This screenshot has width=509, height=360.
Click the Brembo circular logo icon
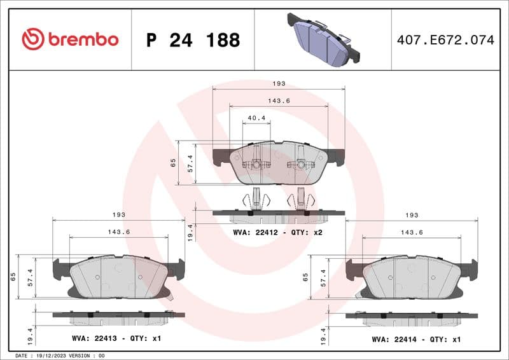click(32, 39)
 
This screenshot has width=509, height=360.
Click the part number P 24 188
click(193, 40)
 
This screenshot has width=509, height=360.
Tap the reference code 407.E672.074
click(445, 40)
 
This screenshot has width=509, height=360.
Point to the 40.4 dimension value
click(256, 118)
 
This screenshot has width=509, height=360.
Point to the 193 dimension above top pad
click(279, 83)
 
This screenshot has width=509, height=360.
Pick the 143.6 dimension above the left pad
click(118, 232)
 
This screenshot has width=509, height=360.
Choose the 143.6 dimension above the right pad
click(412, 232)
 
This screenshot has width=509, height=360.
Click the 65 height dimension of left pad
click(13, 277)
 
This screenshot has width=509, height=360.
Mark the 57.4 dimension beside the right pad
click(323, 277)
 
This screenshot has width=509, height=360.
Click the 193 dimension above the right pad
click(412, 215)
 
